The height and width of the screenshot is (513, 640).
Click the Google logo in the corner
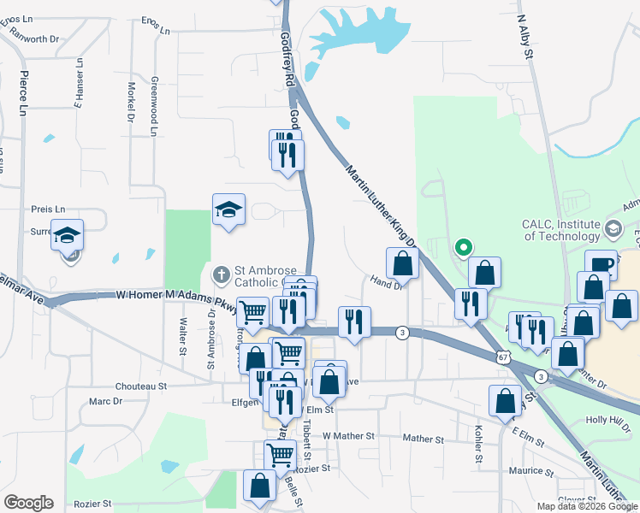click(x=28, y=503)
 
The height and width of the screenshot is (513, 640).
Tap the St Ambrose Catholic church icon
click(x=219, y=274)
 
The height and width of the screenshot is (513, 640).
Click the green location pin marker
click(x=463, y=248)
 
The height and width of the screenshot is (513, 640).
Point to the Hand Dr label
click(x=386, y=281)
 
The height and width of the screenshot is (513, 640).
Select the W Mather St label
click(x=348, y=436)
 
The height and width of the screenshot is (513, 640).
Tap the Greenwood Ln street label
click(x=155, y=106)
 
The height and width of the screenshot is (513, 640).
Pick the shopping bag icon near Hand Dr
click(x=401, y=264)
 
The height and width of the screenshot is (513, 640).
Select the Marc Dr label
click(x=106, y=401)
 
